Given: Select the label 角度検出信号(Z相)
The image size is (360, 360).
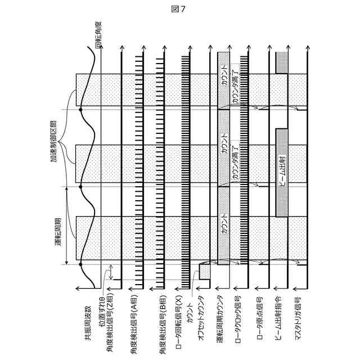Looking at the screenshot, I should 113,316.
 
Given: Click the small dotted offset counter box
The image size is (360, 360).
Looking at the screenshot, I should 204,273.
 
